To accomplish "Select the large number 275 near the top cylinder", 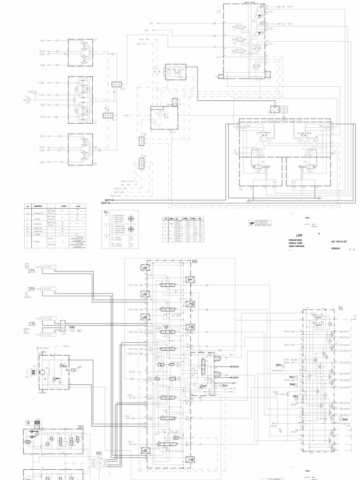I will (32, 271).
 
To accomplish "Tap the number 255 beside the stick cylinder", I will (32, 289).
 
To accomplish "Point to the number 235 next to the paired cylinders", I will (32, 323).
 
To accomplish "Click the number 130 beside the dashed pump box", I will (73, 370).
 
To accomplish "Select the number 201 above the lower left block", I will (80, 427).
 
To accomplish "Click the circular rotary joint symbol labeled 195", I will (99, 463).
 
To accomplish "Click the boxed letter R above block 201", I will (28, 422).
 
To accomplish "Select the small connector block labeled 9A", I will (142, 164).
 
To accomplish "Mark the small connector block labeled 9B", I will (142, 141).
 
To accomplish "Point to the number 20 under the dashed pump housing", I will (241, 189).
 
